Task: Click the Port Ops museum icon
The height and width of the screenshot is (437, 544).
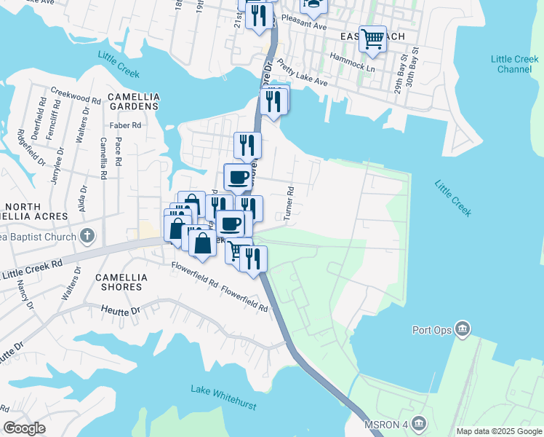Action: (462, 330)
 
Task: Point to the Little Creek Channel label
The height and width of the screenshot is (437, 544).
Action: (514, 64)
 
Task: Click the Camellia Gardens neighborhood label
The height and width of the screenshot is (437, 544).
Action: (133, 101)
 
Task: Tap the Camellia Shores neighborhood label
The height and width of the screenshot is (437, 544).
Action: (121, 282)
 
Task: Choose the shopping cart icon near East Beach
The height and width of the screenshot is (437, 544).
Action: (373, 38)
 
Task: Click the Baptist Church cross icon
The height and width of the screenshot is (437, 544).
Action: (87, 236)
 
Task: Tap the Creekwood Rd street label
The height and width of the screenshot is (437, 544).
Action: (76, 98)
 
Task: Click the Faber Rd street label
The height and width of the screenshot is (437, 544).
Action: (125, 125)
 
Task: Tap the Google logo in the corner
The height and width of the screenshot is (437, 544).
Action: (24, 428)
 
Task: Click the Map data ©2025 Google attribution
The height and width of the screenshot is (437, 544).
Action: (499, 431)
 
